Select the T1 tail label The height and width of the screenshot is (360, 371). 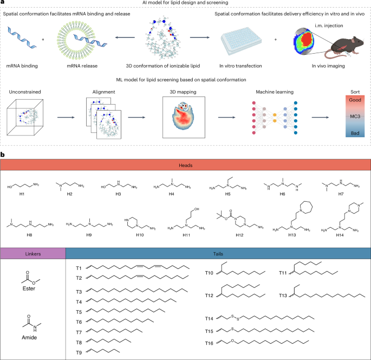[x=79, y=268]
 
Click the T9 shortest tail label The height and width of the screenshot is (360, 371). [x=79, y=351]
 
